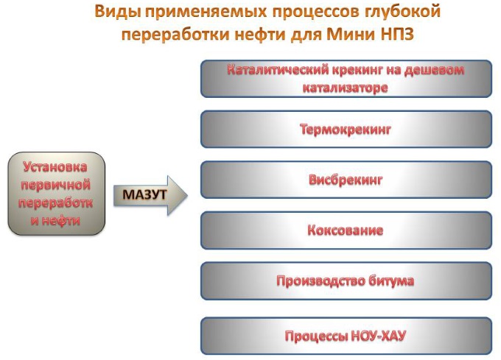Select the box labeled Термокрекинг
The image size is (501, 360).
point(346,130)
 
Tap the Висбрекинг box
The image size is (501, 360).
point(346,180)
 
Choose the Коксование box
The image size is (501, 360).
point(346,230)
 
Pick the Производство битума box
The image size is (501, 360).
point(346,280)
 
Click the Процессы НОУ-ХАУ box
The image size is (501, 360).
point(346,336)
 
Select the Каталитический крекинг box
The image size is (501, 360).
point(346,78)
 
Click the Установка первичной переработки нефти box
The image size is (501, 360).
point(57,194)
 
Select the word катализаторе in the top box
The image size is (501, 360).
point(345,88)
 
